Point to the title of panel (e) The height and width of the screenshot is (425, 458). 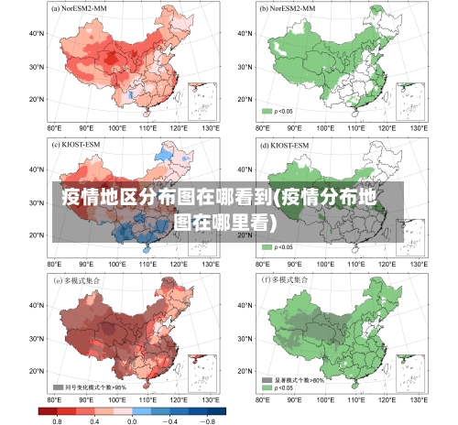point(81,279)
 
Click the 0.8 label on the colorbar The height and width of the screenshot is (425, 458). point(57,420)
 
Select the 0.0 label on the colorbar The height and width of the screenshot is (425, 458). point(131,420)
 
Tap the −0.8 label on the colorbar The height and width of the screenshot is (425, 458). point(208,420)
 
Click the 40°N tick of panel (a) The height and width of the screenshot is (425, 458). point(36,33)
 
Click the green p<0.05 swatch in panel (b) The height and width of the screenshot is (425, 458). point(268,111)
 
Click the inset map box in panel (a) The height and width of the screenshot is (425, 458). point(201,101)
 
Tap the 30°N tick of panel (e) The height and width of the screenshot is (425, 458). point(36,336)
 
